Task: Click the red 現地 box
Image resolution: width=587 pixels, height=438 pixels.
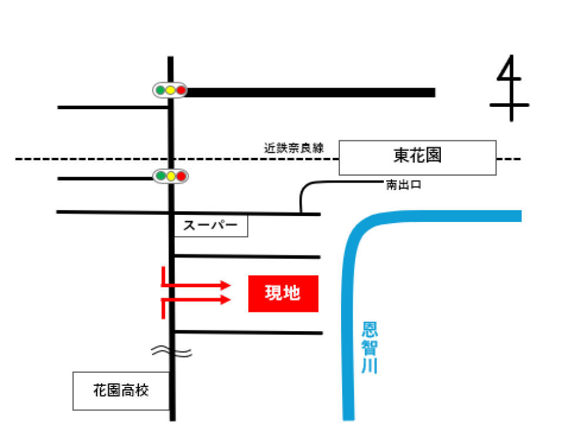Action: click(x=284, y=294)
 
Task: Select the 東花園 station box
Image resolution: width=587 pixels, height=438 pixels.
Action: click(x=417, y=157)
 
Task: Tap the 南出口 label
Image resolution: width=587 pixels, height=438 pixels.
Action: click(x=404, y=184)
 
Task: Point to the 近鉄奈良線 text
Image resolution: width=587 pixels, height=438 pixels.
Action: click(x=294, y=148)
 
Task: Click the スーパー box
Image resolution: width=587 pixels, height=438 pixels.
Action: click(x=211, y=225)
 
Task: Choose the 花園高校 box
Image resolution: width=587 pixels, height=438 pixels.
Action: click(x=122, y=391)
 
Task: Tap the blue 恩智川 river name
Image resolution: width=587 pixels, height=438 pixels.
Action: click(x=369, y=348)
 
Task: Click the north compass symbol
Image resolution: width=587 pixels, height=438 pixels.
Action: click(x=510, y=88)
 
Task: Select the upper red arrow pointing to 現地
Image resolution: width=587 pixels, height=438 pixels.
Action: click(x=196, y=285)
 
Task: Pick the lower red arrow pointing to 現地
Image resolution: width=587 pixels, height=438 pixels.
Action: click(x=196, y=300)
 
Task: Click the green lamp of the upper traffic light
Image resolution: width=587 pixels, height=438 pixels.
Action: click(x=160, y=90)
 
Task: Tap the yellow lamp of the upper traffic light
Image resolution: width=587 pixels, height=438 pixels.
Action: click(x=170, y=90)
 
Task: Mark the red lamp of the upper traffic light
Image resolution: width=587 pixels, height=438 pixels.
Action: click(x=181, y=90)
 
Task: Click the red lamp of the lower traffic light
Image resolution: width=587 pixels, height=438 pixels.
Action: click(x=181, y=176)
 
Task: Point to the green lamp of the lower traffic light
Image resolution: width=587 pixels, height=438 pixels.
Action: click(x=161, y=176)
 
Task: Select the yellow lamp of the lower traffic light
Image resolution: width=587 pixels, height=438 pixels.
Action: click(x=171, y=176)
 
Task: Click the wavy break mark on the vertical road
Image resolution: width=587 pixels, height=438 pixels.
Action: click(x=172, y=352)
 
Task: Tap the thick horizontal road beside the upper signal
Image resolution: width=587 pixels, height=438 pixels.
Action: click(x=311, y=92)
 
